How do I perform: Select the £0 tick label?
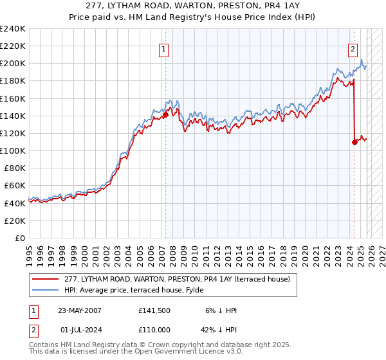pos(21,238)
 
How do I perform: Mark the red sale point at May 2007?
pos(165,115)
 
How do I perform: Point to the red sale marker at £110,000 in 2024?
pos(354,142)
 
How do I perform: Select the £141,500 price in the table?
pos(154,310)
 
